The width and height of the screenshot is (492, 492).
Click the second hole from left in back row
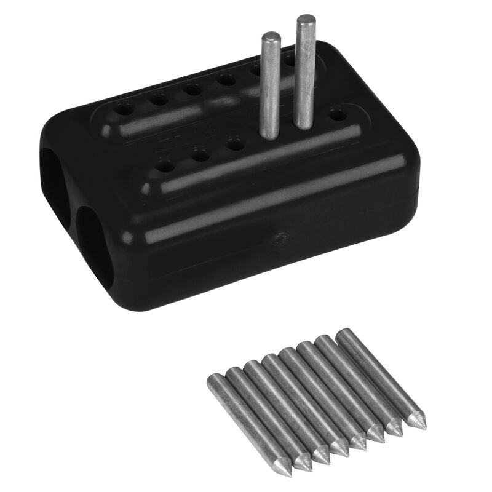(159, 99)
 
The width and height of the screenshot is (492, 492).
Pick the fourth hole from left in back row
(226, 79)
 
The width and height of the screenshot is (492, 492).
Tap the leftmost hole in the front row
(165, 164)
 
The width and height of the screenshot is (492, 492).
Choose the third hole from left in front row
(234, 145)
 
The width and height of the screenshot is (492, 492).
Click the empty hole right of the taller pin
(336, 114)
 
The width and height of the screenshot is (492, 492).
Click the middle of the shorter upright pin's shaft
(269, 86)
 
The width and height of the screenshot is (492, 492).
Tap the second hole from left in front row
(200, 154)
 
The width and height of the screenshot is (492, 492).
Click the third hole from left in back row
(192, 89)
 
